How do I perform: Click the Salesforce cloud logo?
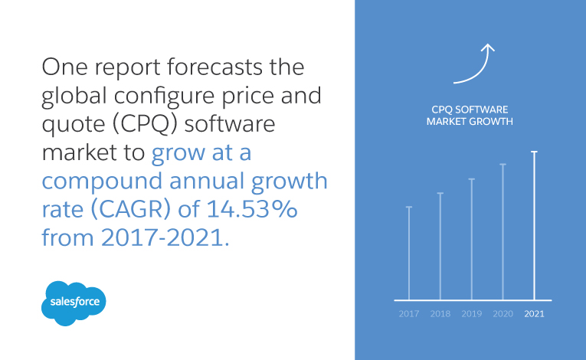(74, 303)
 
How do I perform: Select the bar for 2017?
(409, 253)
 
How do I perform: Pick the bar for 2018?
(440, 247)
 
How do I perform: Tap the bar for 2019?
(472, 239)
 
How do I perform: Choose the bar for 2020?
(503, 232)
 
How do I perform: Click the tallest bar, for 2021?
(535, 226)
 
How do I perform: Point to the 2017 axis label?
(409, 313)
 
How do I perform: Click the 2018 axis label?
(440, 313)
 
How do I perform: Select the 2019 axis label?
(472, 313)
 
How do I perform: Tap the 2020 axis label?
(503, 313)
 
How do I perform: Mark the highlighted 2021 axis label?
(535, 313)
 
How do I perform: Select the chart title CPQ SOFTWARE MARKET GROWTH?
(470, 116)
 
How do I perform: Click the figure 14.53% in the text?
(252, 208)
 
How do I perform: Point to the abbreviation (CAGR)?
(131, 209)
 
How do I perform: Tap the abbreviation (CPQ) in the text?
(144, 124)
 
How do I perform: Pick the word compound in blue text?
(102, 182)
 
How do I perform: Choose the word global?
(74, 97)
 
